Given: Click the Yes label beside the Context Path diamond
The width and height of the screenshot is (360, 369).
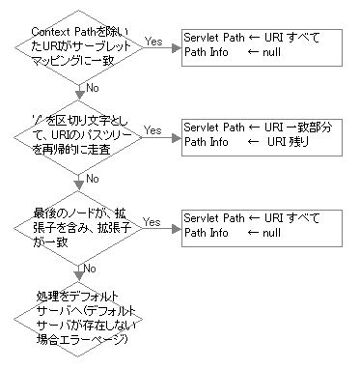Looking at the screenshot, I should click(152, 42).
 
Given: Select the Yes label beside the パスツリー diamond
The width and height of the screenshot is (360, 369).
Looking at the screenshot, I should click(152, 129).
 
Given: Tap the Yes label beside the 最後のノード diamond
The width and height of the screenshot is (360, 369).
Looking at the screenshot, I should click(152, 221).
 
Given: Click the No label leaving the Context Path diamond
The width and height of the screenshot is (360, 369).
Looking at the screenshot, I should click(94, 88).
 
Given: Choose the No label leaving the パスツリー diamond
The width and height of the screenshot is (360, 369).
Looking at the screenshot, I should click(94, 178).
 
